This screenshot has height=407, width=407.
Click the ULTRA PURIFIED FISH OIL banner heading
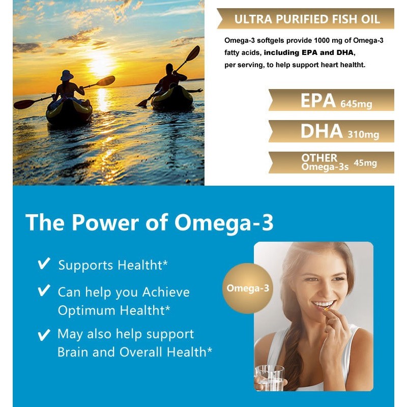(x=307, y=20)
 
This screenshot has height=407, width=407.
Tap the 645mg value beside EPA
(x=355, y=104)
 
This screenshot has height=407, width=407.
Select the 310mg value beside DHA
(x=363, y=135)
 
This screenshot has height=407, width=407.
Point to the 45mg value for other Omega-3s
(x=365, y=163)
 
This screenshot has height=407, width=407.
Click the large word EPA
(x=318, y=101)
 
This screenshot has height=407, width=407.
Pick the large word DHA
(x=322, y=131)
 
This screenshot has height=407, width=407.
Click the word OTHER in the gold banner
(x=319, y=158)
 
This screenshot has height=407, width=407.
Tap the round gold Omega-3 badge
(x=247, y=288)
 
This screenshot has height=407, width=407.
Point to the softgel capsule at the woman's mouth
(x=326, y=308)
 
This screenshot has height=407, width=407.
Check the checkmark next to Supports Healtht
(x=44, y=264)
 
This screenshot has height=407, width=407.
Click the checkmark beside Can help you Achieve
(x=44, y=291)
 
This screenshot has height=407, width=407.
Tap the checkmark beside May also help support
(x=44, y=334)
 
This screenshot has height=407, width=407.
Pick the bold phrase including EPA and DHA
(x=309, y=52)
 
